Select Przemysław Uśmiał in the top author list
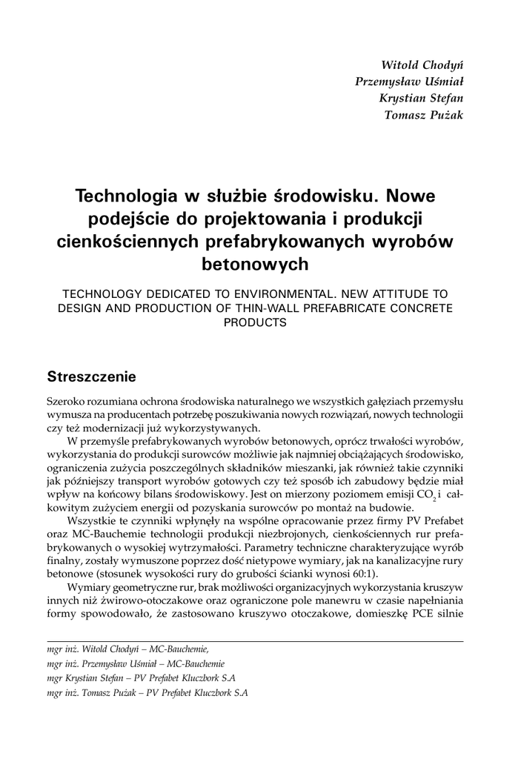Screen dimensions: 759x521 [x=409, y=82]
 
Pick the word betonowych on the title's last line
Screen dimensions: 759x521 [x=255, y=263]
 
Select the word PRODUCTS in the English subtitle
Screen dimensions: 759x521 [x=255, y=322]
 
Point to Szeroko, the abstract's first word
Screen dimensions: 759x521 [x=64, y=401]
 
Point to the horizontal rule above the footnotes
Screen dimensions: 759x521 [x=255, y=641]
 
